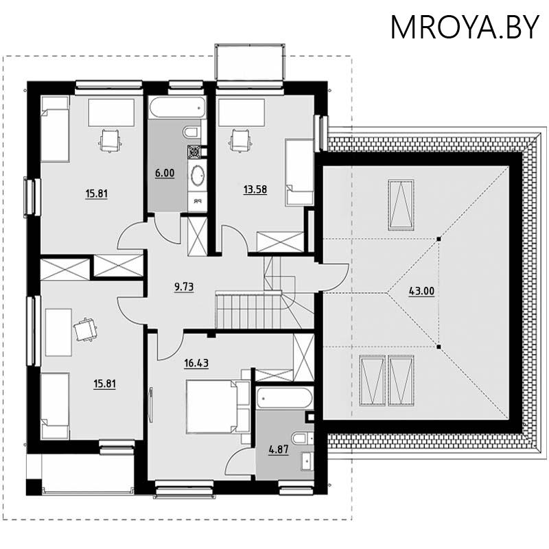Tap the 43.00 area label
coord(421,291)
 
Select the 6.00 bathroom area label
coord(165,174)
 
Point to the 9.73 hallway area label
coord(183,288)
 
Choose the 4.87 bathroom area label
coord(278,450)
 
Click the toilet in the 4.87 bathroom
coord(301,437)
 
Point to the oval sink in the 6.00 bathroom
coord(197,175)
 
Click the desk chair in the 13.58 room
coord(239,141)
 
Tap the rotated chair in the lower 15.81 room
coord(85,329)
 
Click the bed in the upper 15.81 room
coord(55,129)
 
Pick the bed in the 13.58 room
coord(299,172)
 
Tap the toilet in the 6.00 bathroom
coord(191,131)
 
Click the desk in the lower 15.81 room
coord(58,332)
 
